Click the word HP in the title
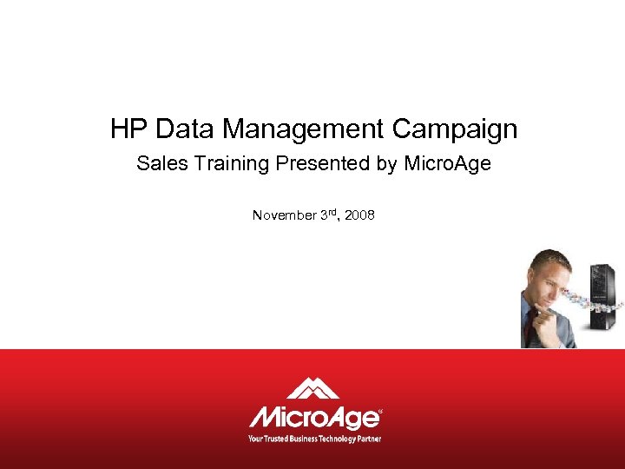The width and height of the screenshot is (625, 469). [x=128, y=129]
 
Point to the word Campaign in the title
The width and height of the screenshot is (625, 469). [x=454, y=130]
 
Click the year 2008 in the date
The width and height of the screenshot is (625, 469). [x=359, y=215]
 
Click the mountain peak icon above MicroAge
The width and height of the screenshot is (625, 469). [x=312, y=388]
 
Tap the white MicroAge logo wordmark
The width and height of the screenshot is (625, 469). [x=314, y=417]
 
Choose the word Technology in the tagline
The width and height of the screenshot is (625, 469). [x=339, y=438]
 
